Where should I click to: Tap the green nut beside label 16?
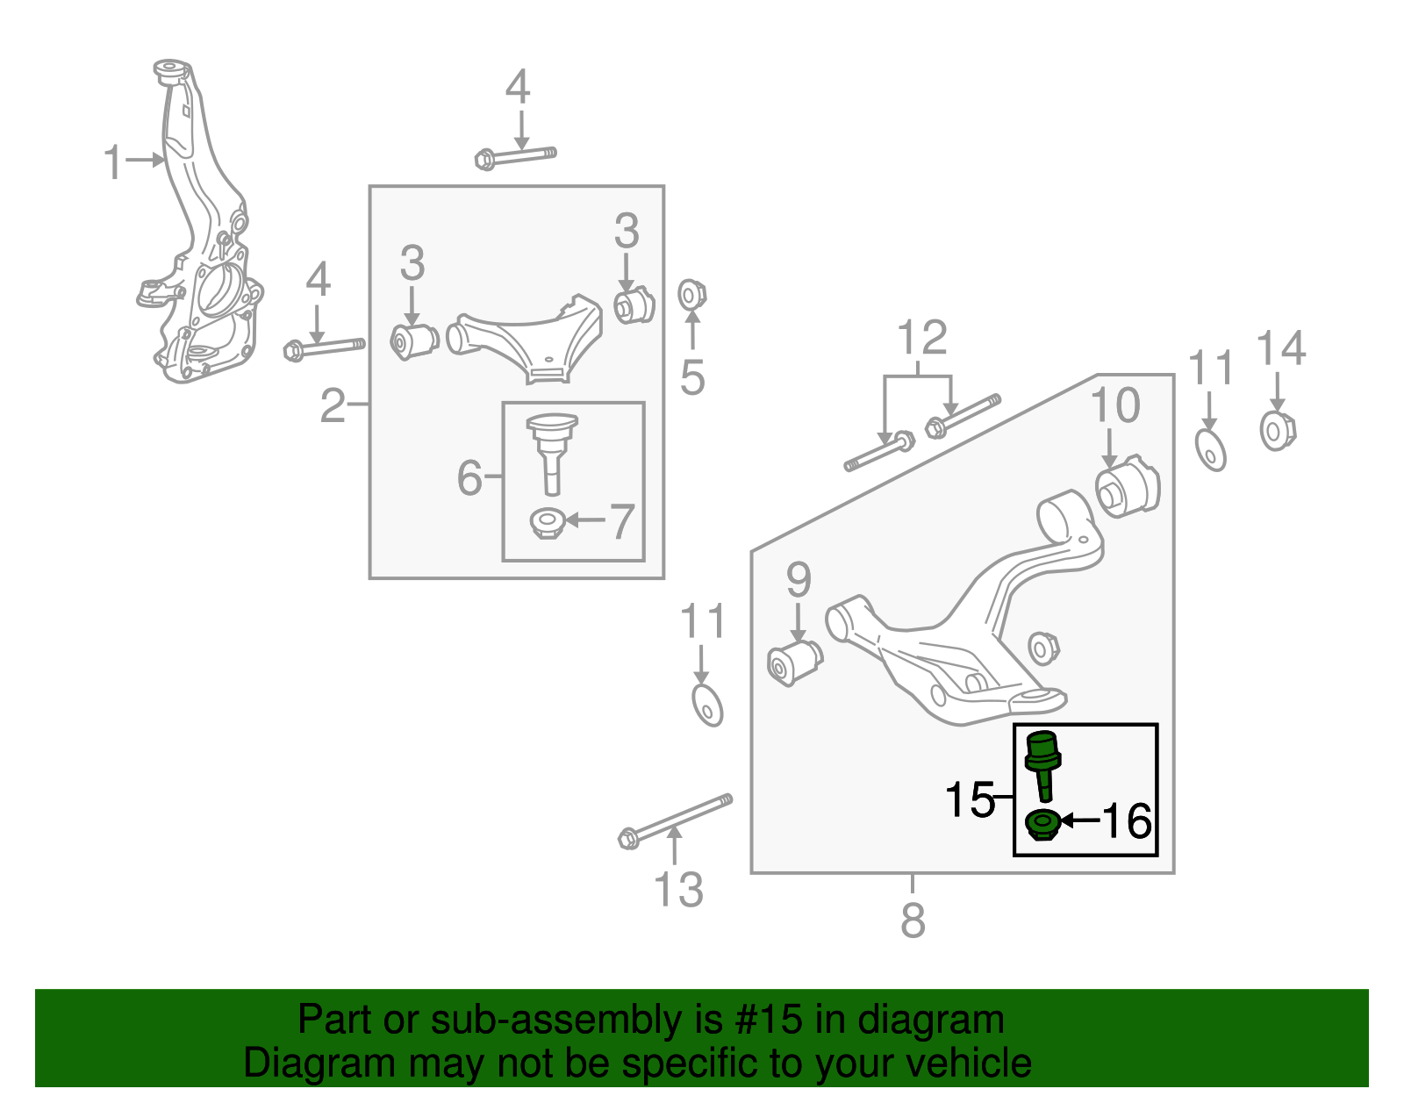click(x=1042, y=824)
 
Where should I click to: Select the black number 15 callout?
click(x=969, y=800)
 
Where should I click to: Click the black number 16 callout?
click(x=1127, y=822)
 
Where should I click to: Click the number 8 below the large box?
click(x=913, y=920)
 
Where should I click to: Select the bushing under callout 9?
click(x=794, y=663)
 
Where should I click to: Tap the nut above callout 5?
click(x=692, y=295)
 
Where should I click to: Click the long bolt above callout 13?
click(x=676, y=819)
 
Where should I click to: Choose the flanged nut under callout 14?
click(x=1277, y=430)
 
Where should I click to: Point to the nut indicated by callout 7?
click(x=547, y=524)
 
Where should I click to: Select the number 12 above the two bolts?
click(x=922, y=338)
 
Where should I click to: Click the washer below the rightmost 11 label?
click(x=1211, y=449)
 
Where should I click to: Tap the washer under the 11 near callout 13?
click(x=706, y=705)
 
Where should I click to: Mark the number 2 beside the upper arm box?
click(x=333, y=405)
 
